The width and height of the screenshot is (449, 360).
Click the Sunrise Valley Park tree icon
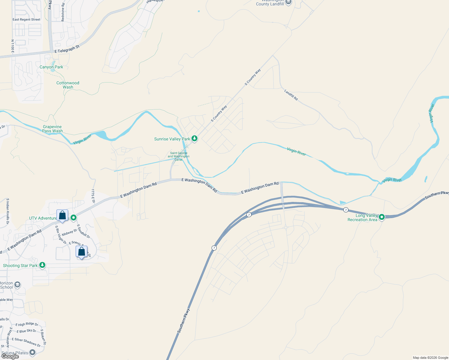pyautogui.click(x=194, y=139)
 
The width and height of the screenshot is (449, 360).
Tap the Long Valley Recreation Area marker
pyautogui.click(x=381, y=217)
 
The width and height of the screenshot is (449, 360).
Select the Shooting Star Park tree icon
pyautogui.click(x=43, y=265)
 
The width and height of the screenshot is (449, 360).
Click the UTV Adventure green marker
pyautogui.click(x=73, y=218)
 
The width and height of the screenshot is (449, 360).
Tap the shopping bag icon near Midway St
pyautogui.click(x=62, y=215)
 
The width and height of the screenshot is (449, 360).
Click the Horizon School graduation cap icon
pyautogui.click(x=17, y=285)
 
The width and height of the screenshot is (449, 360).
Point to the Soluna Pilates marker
pyautogui.click(x=32, y=353)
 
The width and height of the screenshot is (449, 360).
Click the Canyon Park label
pyautogui.click(x=51, y=67)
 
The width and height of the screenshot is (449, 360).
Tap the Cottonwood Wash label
pyautogui.click(x=68, y=85)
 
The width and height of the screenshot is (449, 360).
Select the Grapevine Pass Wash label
pyautogui.click(x=53, y=129)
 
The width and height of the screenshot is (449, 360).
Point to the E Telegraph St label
pyautogui.click(x=67, y=49)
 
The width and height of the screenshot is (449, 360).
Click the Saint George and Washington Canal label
pyautogui.click(x=179, y=156)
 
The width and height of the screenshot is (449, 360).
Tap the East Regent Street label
pyautogui.click(x=26, y=19)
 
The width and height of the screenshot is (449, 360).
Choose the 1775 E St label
pyautogui.click(x=93, y=196)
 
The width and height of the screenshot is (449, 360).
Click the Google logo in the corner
pyautogui.click(x=10, y=356)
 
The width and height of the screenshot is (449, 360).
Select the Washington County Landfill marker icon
pyautogui.click(x=288, y=2)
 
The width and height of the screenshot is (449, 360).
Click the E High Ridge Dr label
pyautogui.click(x=27, y=324)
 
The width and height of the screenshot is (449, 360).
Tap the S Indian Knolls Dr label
pyautogui.click(x=8, y=211)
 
